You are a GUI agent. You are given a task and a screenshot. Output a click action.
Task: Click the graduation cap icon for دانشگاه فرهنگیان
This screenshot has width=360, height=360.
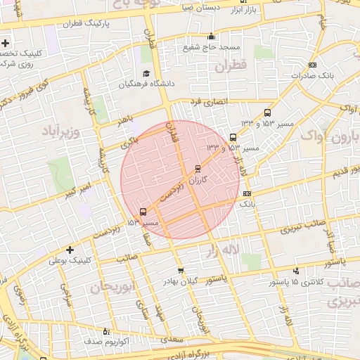pos(146,74)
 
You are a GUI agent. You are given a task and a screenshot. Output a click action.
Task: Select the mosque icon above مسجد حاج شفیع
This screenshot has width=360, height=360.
pos(210,37)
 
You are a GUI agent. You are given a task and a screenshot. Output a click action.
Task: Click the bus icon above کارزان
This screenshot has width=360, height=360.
pos(197,169)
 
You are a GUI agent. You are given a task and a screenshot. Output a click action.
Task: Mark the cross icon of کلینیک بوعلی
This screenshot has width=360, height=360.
pos(70,250)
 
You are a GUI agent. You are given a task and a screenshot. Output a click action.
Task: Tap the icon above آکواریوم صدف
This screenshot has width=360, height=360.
pos(106,331)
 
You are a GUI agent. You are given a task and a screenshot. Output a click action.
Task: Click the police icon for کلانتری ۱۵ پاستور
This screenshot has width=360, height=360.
pos(295,271)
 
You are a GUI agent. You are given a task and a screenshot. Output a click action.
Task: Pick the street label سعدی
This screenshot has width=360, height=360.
pos(171,339)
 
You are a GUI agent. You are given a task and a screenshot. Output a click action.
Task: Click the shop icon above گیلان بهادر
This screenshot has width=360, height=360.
pos(181,271)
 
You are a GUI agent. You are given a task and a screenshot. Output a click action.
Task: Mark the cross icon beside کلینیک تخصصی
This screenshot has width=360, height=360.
pos(6,53)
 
